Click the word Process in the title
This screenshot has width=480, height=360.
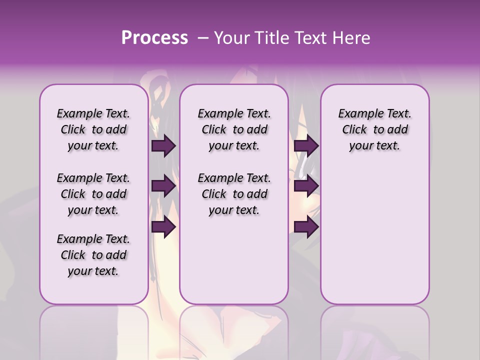[154, 37]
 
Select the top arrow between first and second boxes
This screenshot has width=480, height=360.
[163, 145]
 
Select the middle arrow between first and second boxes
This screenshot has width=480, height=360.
[163, 186]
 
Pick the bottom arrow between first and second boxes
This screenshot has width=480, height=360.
[163, 227]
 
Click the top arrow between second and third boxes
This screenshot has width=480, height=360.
[305, 145]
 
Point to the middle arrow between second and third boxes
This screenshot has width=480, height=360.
[305, 186]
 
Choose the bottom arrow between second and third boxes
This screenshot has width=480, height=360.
[305, 227]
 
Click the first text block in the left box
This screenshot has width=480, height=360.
[93, 129]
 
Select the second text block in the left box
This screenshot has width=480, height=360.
[93, 194]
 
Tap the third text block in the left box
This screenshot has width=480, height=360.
[93, 255]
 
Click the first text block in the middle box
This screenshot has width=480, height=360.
[234, 129]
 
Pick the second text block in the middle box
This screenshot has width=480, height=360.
[234, 194]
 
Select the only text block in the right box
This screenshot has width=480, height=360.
[374, 129]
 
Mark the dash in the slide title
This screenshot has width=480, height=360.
[203, 37]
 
